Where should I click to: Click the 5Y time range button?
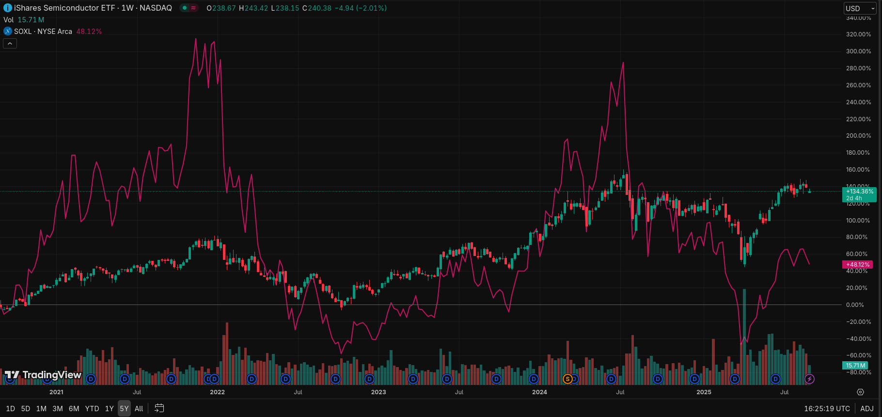coord(124,408)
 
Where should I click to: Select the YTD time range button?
coord(92,408)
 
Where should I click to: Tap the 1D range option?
coord(10,408)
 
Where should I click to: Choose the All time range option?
coord(139,408)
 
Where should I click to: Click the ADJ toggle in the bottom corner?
coord(867,408)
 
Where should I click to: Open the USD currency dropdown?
coord(859,8)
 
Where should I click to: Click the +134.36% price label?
coord(859,192)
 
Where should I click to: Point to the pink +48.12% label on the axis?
coord(858,265)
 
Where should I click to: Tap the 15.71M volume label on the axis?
coord(855,366)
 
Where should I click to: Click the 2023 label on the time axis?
coord(378,392)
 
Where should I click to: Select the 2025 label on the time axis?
coord(704,392)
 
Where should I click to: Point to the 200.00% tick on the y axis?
coord(858,136)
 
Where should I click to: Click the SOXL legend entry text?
coord(43,32)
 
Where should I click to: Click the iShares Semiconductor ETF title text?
coord(64,8)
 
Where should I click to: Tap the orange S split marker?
coord(567,379)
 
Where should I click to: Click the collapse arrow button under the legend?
coord(10,44)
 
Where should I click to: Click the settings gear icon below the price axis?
coord(860,392)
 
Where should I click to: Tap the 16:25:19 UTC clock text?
coord(827,408)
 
